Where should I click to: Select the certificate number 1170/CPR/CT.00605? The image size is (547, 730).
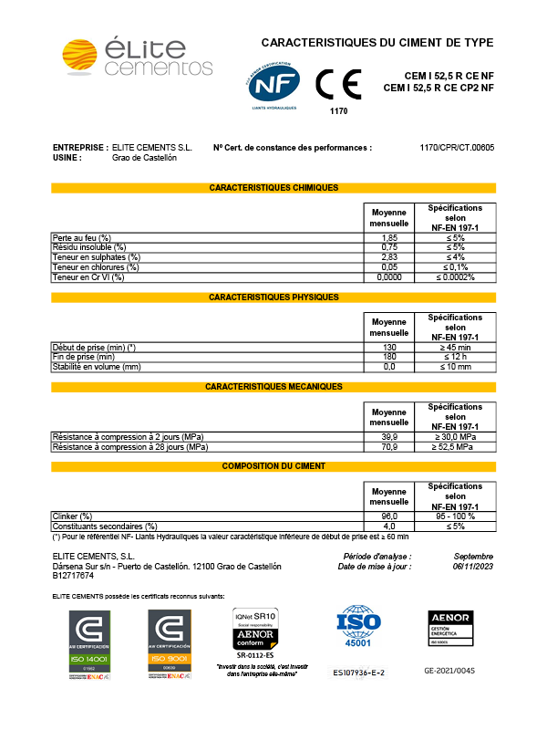coord(457,147)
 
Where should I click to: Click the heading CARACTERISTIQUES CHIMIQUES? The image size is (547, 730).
coord(273,188)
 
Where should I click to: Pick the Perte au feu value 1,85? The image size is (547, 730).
coord(389,237)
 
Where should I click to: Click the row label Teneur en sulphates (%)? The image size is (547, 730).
coord(97,257)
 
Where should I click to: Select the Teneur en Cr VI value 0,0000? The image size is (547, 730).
coord(389,276)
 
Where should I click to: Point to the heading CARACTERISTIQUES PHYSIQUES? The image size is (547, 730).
coord(273,297)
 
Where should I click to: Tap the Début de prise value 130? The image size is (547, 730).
coord(389,347)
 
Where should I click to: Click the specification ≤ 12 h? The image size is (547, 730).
coord(455,357)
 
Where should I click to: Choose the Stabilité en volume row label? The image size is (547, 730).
coord(97,367)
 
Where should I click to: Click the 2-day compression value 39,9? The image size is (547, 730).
coord(389,437)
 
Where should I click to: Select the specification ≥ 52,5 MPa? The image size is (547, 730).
coord(455,447)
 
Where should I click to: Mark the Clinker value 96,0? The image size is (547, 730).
coord(389,516)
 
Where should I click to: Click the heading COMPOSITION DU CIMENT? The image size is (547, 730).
coord(273,466)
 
